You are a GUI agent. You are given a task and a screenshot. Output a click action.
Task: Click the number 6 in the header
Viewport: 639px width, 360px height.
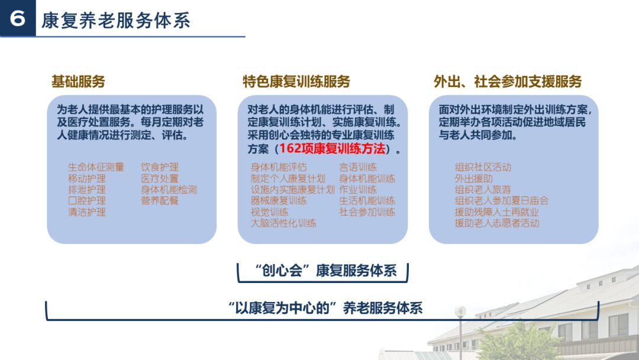18,19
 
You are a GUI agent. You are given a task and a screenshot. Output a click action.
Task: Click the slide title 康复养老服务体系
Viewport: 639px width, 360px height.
116,20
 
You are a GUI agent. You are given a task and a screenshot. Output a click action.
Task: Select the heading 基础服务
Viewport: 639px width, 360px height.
78,82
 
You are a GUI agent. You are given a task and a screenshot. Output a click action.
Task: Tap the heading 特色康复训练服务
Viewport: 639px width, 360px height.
296,82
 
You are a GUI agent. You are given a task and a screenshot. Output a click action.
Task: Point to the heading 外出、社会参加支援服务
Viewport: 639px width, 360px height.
508,82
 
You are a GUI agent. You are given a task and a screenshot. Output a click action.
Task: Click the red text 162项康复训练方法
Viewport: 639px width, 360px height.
331,149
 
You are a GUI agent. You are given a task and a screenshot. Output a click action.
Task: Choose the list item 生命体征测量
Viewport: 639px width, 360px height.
96,168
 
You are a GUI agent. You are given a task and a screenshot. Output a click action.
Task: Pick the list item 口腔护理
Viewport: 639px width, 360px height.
87,201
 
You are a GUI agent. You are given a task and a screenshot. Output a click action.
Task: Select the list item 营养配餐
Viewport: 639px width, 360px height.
160,201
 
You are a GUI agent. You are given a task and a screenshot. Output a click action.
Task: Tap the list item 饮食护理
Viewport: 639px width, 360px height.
160,168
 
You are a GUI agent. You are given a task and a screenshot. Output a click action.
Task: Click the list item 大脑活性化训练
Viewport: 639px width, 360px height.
283,223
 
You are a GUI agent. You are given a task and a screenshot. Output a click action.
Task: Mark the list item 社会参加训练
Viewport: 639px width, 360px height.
367,212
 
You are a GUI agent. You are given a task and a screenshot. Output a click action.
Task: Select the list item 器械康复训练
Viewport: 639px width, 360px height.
279,201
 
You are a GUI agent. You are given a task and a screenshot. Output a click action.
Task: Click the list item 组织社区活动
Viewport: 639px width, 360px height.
483,168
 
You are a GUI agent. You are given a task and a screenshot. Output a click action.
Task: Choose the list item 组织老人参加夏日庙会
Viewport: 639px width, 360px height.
502,201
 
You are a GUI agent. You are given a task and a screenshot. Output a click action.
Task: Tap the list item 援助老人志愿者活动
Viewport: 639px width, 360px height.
497,223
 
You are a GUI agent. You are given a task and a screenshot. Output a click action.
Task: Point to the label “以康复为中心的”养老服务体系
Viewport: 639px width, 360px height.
325,308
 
